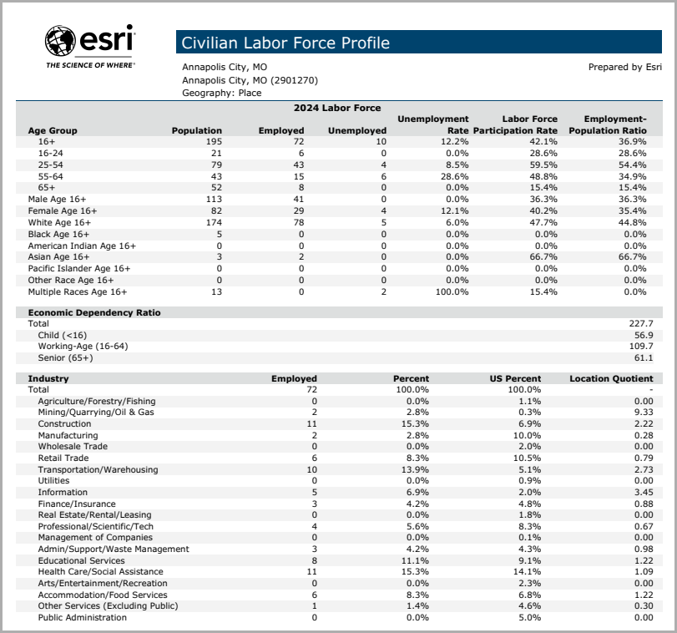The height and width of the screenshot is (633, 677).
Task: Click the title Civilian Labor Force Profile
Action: pyautogui.click(x=285, y=43)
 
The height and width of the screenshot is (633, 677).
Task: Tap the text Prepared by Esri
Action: pyautogui.click(x=625, y=68)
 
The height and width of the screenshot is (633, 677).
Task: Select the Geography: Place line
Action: pyautogui.click(x=222, y=94)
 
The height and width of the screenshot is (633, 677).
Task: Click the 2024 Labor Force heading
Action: pyautogui.click(x=336, y=108)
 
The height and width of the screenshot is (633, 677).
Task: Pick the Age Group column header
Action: pyautogui.click(x=53, y=130)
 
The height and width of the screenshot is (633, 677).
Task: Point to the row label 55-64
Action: pyautogui.click(x=51, y=177)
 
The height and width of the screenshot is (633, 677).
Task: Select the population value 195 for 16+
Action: pyautogui.click(x=214, y=143)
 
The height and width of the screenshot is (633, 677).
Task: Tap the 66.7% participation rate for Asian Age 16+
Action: pyautogui.click(x=542, y=257)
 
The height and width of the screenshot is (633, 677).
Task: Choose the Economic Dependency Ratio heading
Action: pyautogui.click(x=94, y=312)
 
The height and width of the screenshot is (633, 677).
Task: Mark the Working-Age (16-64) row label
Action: pyautogui.click(x=83, y=346)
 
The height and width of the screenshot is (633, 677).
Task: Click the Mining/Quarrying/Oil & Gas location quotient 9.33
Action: pyautogui.click(x=644, y=413)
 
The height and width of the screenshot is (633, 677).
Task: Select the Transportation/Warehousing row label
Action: pyautogui.click(x=98, y=469)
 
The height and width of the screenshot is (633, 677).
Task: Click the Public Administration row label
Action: pyautogui.click(x=83, y=618)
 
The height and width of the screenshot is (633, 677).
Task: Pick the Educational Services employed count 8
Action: pyautogui.click(x=314, y=561)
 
